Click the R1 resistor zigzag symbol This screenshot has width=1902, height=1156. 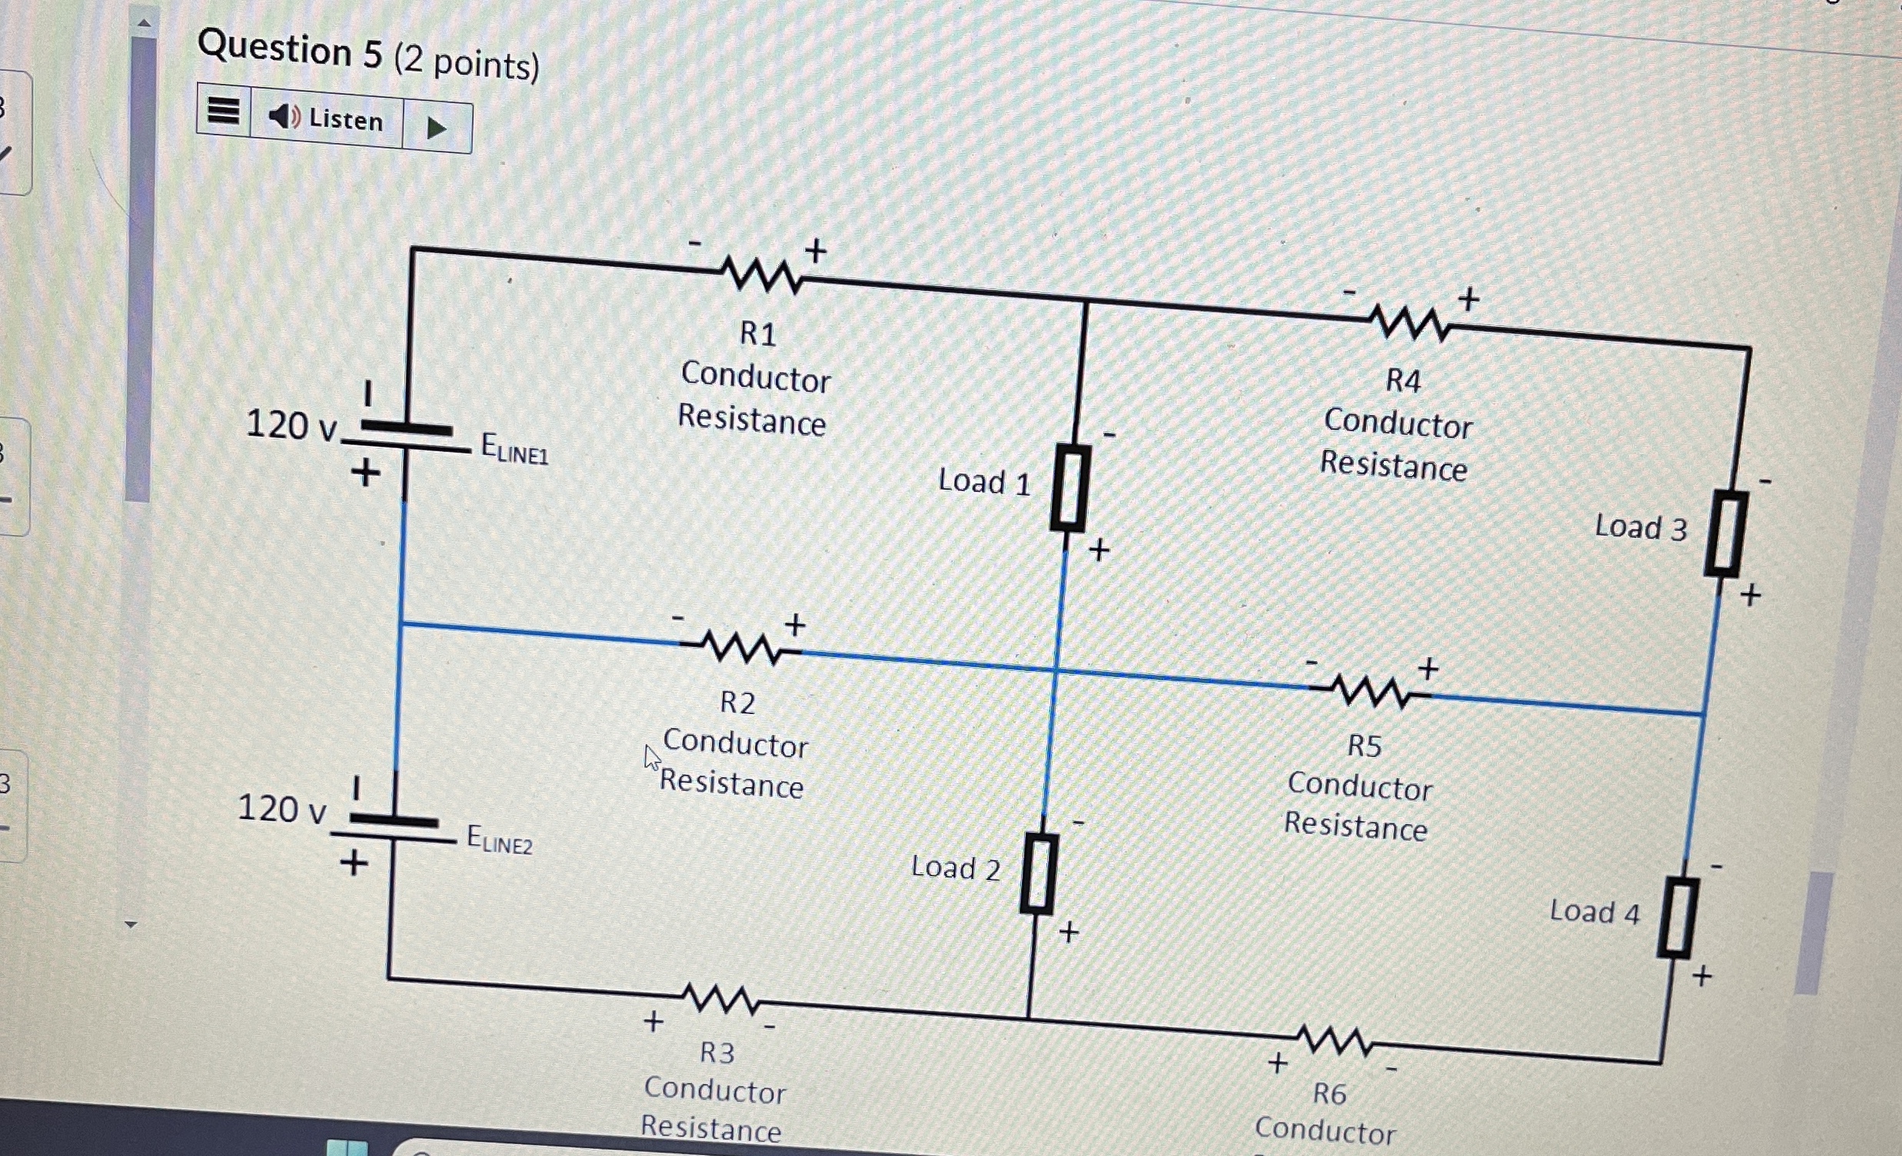[763, 274]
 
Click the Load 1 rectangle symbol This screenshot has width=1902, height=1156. [1071, 488]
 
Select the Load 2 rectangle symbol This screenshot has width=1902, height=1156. [1039, 875]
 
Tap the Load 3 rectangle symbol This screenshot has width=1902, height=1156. [1726, 534]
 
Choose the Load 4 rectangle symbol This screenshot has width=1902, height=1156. [1678, 918]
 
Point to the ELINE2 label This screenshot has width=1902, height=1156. [500, 839]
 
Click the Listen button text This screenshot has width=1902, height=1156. [345, 120]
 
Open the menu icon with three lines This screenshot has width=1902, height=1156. [224, 111]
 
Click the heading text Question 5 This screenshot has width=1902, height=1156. [291, 50]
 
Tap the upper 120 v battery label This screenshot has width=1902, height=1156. [291, 425]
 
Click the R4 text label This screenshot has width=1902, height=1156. [1403, 380]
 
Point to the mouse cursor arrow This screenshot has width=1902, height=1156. [651, 757]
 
